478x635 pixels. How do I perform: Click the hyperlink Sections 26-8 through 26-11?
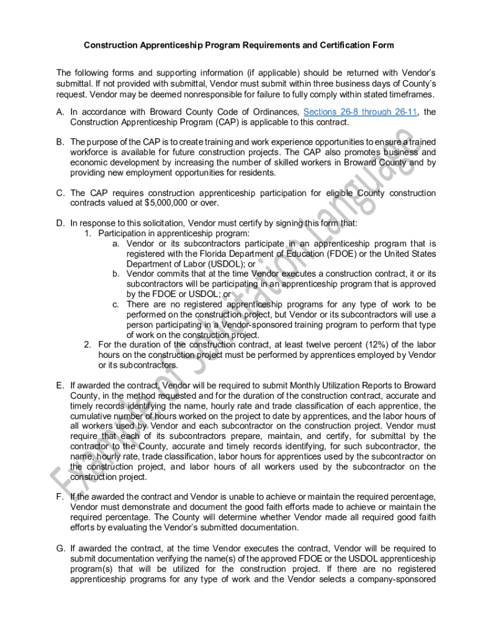click(356, 112)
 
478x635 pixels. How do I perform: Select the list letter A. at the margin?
click(60, 112)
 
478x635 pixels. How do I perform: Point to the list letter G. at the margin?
click(60, 548)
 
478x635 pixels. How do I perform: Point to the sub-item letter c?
click(116, 304)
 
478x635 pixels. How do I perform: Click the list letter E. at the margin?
click(60, 385)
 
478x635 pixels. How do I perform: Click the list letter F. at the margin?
click(60, 497)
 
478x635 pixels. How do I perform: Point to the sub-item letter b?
click(116, 273)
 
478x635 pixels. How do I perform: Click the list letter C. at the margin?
click(60, 193)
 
